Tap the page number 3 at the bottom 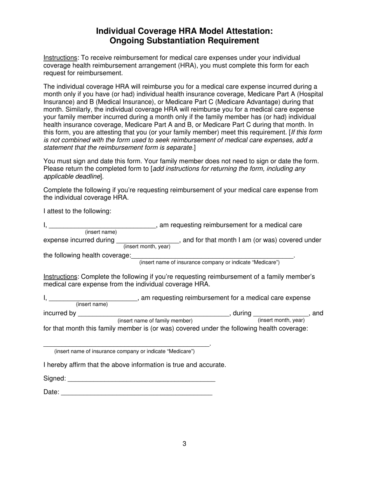184,444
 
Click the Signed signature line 141,379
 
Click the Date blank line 137,392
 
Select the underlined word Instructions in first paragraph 60,58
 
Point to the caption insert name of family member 155,321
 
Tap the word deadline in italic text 87,176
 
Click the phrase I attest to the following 77,211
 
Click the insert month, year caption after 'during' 281,320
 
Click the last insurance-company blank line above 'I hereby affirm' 126,344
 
